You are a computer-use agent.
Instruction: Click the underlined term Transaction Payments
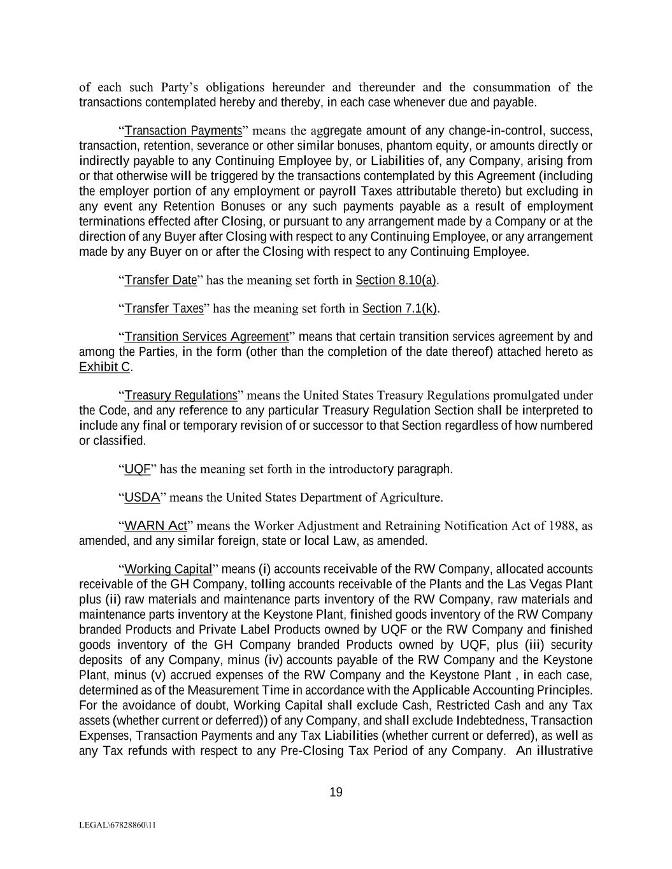(183, 131)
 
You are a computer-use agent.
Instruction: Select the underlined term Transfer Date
(161, 280)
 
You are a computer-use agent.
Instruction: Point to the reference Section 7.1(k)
(399, 309)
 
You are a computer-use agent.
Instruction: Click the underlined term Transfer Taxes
(164, 309)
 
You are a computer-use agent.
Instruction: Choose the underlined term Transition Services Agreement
(206, 337)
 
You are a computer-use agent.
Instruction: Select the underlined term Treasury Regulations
(180, 395)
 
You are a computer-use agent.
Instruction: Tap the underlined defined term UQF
(137, 470)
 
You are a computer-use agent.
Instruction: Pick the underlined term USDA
(141, 498)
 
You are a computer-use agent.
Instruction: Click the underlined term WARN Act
(155, 526)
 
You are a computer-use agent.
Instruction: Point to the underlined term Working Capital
(168, 569)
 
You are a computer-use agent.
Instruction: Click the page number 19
(336, 793)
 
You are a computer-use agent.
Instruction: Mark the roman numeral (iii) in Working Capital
(535, 645)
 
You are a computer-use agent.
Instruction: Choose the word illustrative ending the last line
(564, 751)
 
